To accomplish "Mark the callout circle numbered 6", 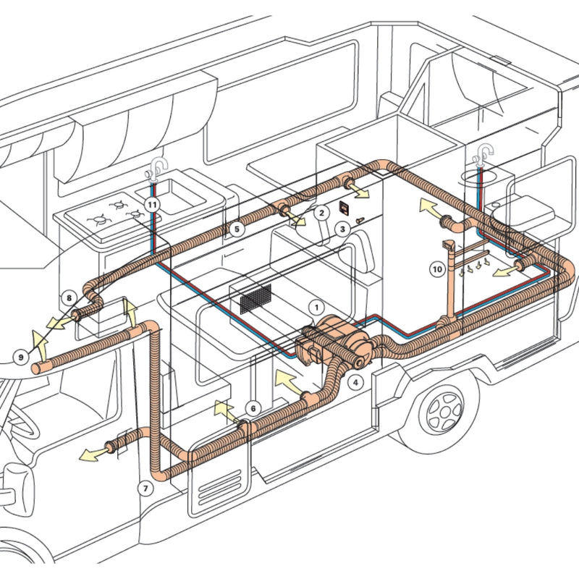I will (252, 408).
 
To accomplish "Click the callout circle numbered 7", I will (145, 488).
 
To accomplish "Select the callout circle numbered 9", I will (21, 355).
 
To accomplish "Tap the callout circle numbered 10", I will (437, 269).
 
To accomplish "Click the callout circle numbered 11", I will (152, 206).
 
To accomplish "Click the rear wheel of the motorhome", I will (443, 409).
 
